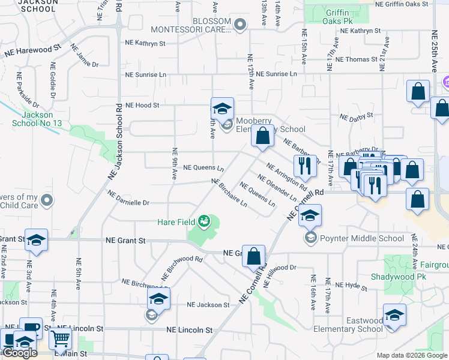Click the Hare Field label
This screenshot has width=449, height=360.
(x=176, y=222)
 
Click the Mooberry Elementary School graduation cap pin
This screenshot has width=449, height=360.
(x=222, y=109)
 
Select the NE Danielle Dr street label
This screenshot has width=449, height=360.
(x=128, y=199)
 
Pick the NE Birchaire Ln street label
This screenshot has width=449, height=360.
(x=229, y=193)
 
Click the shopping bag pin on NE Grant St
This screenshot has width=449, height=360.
(x=255, y=255)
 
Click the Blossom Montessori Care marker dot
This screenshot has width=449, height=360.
(x=240, y=25)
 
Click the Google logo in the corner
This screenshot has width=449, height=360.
(x=20, y=353)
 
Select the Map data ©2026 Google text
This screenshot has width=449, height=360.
(x=412, y=355)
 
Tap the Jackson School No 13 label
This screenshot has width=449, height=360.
(x=37, y=119)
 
